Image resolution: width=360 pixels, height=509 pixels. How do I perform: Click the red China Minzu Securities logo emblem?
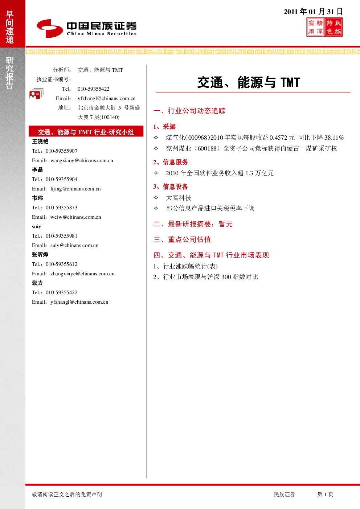[50, 28]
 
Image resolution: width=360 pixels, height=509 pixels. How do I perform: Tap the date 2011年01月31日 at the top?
[313, 12]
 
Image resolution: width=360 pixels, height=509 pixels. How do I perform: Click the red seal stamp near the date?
[324, 27]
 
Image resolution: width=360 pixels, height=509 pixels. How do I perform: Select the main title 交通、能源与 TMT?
[249, 82]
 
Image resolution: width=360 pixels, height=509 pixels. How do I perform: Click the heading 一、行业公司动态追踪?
[189, 111]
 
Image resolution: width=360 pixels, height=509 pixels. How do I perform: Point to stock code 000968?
[198, 137]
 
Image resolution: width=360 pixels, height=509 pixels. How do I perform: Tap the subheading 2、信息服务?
[171, 162]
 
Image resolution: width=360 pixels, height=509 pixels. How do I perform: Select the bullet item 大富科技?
[179, 198]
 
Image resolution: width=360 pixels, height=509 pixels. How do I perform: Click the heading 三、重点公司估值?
[182, 239]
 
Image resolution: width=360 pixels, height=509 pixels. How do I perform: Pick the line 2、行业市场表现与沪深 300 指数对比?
[205, 277]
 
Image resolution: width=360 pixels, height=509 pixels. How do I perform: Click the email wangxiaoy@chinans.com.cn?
[82, 160]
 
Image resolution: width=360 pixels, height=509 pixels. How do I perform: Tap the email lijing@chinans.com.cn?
[75, 189]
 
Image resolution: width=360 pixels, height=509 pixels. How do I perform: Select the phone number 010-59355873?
[61, 208]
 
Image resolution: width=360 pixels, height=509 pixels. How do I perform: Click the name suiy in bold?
[36, 226]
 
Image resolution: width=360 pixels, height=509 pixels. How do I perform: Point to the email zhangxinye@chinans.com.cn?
[82, 274]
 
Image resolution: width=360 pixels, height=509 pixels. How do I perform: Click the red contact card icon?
[36, 94]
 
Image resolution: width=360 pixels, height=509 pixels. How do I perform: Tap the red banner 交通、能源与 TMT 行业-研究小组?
[86, 131]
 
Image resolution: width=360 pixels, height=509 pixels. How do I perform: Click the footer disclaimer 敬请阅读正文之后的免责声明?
[67, 494]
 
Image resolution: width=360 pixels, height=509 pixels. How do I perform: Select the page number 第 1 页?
[325, 494]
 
